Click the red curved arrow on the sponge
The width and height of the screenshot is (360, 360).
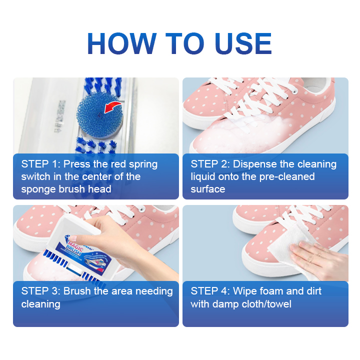tap(111, 106)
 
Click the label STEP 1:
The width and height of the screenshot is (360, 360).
tap(40, 164)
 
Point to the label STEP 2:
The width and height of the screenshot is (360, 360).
tap(210, 164)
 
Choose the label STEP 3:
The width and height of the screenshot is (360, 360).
tap(40, 291)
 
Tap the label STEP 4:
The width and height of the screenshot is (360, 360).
tap(210, 291)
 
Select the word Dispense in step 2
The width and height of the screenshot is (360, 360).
tap(254, 164)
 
